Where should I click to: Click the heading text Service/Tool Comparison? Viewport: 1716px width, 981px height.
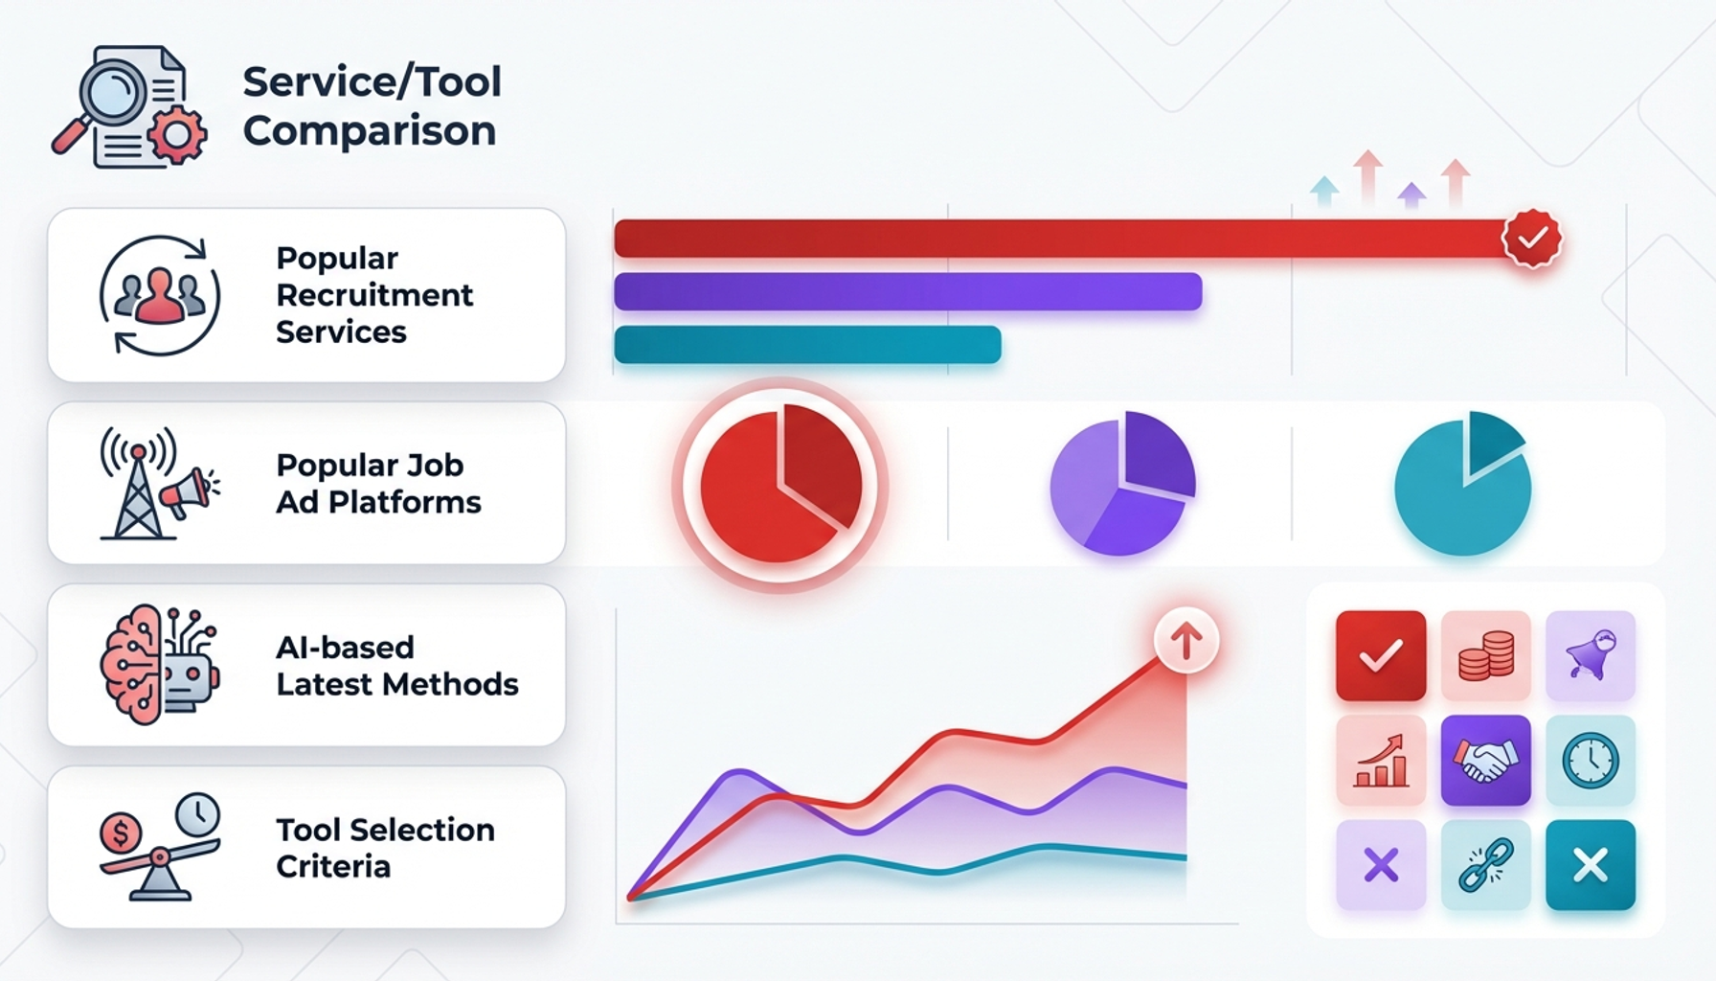pyautogui.click(x=372, y=106)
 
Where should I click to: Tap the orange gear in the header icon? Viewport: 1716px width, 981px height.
pyautogui.click(x=177, y=135)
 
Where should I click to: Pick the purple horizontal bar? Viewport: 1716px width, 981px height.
pyautogui.click(x=908, y=291)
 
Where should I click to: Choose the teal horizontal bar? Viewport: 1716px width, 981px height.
pyautogui.click(x=807, y=345)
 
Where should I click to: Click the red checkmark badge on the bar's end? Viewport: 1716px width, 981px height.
pyautogui.click(x=1532, y=238)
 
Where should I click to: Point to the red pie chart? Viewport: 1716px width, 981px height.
pyautogui.click(x=780, y=485)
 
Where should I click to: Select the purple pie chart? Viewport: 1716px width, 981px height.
pyautogui.click(x=1122, y=483)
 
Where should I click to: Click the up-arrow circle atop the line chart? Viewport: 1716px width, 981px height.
pyautogui.click(x=1186, y=640)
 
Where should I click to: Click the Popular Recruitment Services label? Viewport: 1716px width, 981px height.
pyautogui.click(x=374, y=295)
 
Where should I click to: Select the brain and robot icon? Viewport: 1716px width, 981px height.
pyautogui.click(x=159, y=664)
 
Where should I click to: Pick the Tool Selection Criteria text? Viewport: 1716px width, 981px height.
pyautogui.click(x=385, y=848)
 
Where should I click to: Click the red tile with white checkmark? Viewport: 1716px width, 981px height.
pyautogui.click(x=1381, y=655)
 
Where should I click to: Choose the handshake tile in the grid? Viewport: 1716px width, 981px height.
pyautogui.click(x=1485, y=761)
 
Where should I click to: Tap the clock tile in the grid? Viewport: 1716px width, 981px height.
pyautogui.click(x=1591, y=761)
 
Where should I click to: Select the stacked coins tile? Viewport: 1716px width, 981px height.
pyautogui.click(x=1485, y=655)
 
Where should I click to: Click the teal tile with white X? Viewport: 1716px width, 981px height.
pyautogui.click(x=1591, y=865)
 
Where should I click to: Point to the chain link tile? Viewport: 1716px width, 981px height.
pyautogui.click(x=1485, y=865)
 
